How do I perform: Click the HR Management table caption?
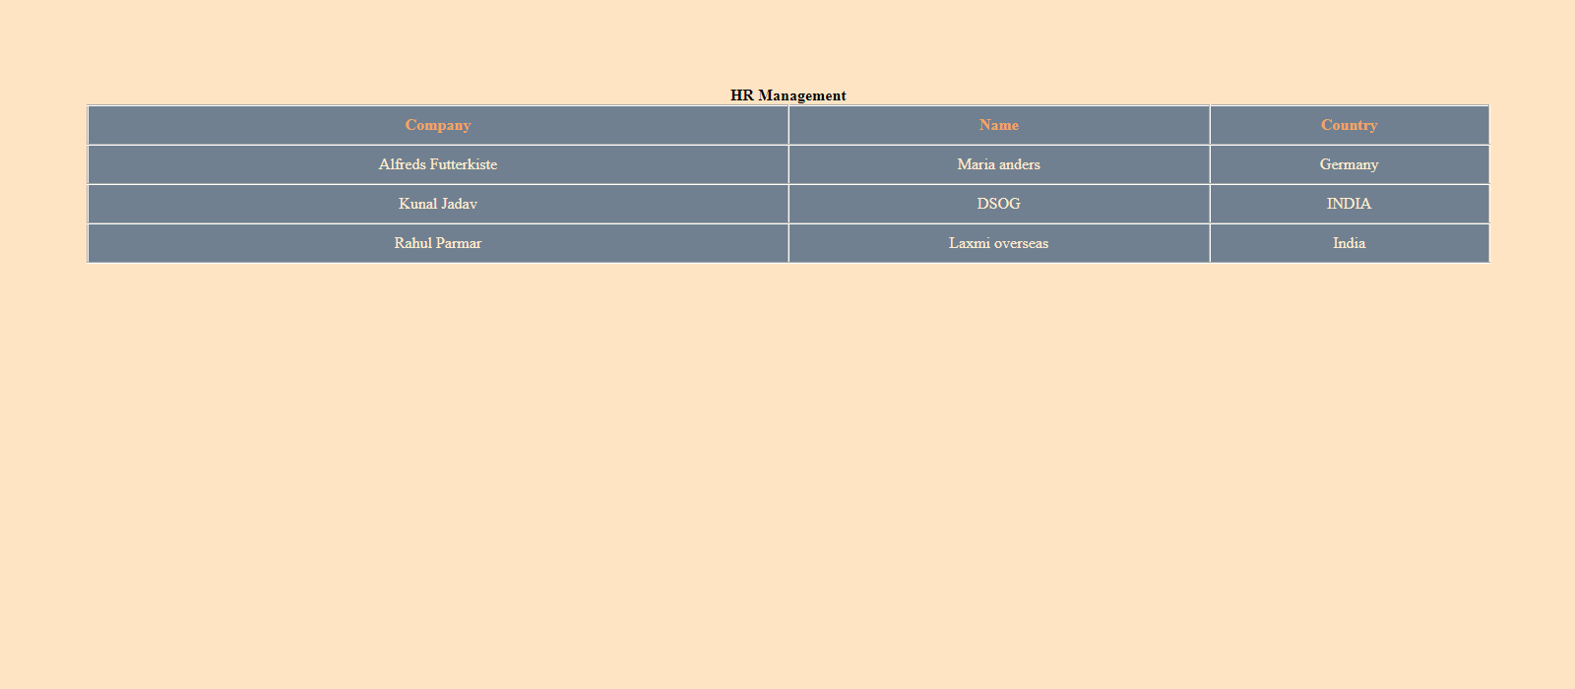(787, 95)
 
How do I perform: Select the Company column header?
(438, 125)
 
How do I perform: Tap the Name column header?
(998, 125)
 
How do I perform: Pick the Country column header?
(1349, 125)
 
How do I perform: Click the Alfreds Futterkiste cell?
(438, 164)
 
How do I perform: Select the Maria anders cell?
(998, 164)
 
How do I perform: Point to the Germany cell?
(1349, 164)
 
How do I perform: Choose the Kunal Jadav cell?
(438, 204)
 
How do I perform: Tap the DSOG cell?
(998, 204)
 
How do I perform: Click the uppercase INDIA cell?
(1349, 204)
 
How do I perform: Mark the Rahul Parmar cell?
(438, 243)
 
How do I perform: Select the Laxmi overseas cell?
(998, 243)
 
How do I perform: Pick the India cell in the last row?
(1349, 243)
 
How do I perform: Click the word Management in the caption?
(801, 95)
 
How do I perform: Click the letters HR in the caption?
(741, 95)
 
